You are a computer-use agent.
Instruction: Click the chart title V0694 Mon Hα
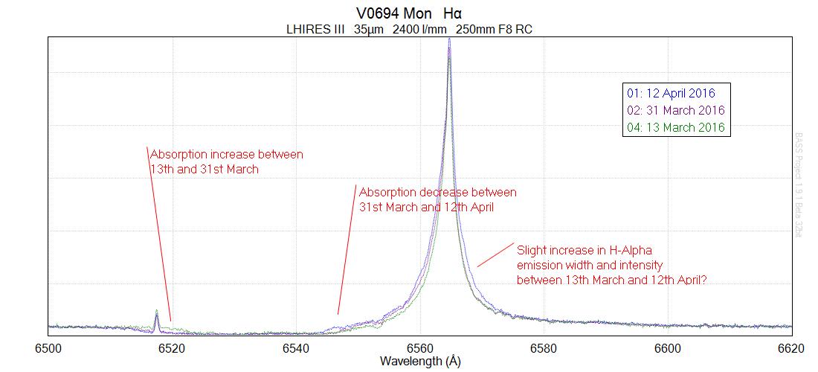410,13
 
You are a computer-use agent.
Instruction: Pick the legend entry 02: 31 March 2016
674,110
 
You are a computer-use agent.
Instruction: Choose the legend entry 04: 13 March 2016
674,127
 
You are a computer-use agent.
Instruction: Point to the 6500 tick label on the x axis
48,347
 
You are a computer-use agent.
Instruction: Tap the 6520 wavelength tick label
172,347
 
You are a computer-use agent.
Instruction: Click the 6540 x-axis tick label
295,347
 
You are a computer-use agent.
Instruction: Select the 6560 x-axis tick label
419,347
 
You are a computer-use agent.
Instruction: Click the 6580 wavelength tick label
543,347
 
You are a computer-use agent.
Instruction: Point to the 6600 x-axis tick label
667,347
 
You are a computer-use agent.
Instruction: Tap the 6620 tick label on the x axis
790,347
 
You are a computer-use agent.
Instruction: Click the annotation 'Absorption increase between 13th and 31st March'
226,161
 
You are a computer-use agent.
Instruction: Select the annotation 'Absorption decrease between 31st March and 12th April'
437,199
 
